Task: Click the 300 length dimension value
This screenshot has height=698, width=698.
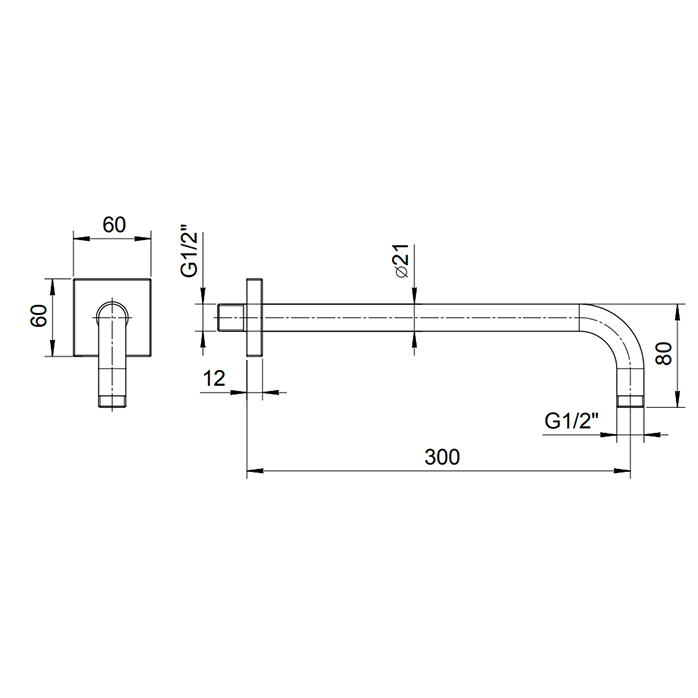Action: point(442,457)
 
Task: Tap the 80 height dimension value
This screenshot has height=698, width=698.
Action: point(664,353)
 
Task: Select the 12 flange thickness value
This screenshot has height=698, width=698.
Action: point(214,378)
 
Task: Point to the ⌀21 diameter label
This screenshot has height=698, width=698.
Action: point(401,261)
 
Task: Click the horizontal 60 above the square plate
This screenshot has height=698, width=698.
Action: point(114,225)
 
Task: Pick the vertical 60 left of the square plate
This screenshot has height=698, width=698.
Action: point(39,316)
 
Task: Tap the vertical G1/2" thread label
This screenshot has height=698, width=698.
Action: point(189,255)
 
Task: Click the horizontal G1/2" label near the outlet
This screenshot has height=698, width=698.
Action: point(571,420)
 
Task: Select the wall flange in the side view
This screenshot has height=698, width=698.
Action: point(254,317)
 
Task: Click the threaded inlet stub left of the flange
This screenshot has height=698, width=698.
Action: point(232,317)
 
